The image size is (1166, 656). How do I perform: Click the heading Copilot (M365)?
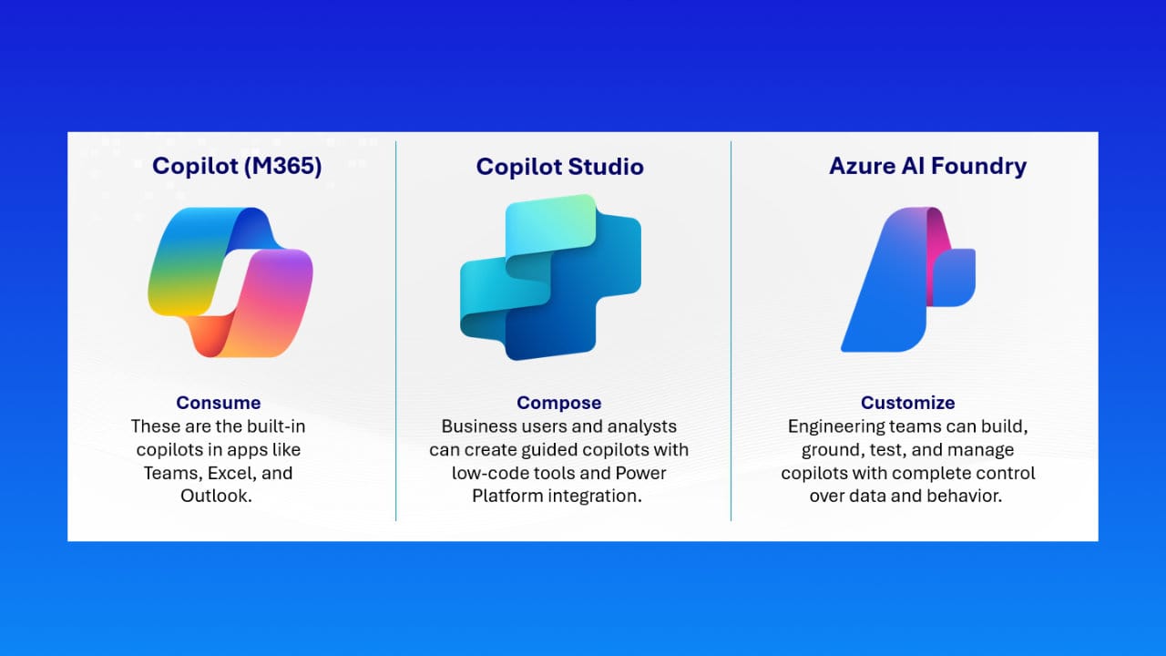pyautogui.click(x=237, y=166)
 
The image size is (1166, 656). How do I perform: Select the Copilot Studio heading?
pyautogui.click(x=559, y=167)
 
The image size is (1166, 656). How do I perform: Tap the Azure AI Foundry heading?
pyautogui.click(x=927, y=166)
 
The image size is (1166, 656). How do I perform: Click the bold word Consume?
pyautogui.click(x=219, y=403)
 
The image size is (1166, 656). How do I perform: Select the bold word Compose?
pyautogui.click(x=559, y=403)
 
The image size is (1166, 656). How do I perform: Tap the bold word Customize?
pyautogui.click(x=907, y=403)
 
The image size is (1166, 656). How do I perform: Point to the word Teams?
pyautogui.click(x=172, y=474)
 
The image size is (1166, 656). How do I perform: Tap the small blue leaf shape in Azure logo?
pyautogui.click(x=955, y=277)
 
